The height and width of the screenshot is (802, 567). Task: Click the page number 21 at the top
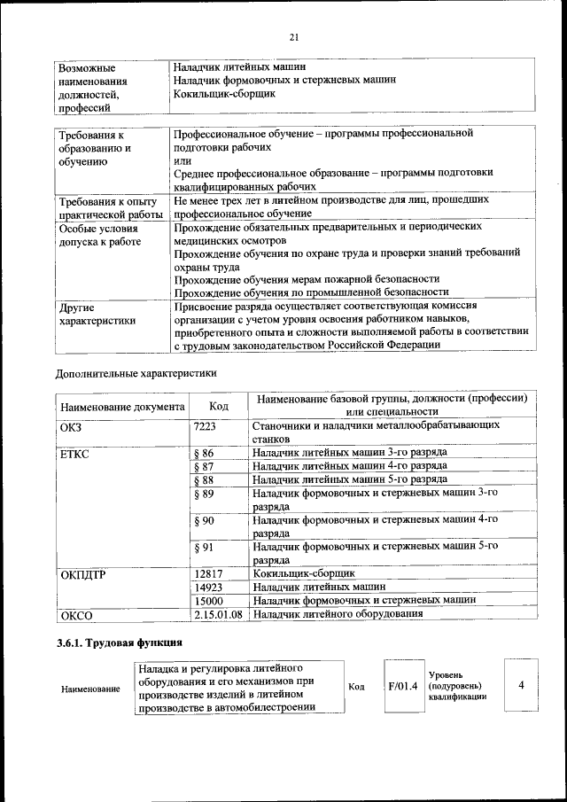[x=293, y=36]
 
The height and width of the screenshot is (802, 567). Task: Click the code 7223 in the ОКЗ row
[x=205, y=426]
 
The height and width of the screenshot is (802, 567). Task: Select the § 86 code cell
[x=203, y=452]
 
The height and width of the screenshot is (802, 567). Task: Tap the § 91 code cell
[x=203, y=547]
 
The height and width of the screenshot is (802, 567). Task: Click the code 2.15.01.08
[x=217, y=613]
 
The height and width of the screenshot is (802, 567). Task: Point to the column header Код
[x=218, y=405]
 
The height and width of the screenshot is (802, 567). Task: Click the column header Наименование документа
[x=121, y=406]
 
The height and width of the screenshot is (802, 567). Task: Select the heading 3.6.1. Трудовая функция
[x=120, y=642]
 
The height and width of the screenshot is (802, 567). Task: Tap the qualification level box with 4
[x=521, y=686]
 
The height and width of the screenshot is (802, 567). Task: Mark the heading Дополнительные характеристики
[x=136, y=373]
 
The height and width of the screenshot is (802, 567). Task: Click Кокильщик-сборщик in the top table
[x=225, y=93]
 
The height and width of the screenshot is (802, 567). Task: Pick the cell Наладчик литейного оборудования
[x=337, y=613]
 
